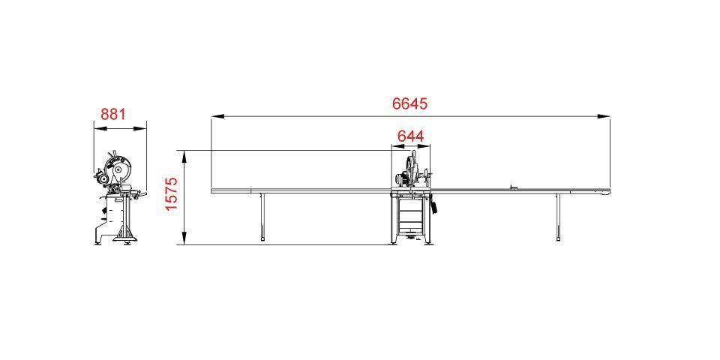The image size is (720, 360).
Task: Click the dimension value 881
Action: tap(113, 114)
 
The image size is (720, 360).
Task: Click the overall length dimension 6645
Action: tap(409, 103)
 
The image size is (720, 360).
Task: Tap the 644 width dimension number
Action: tap(410, 136)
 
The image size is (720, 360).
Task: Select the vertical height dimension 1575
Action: tap(171, 193)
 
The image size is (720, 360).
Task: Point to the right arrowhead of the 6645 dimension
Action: tap(604, 117)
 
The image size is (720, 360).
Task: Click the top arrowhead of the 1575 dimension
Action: tap(184, 157)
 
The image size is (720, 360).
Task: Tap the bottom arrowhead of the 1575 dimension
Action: tap(184, 238)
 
